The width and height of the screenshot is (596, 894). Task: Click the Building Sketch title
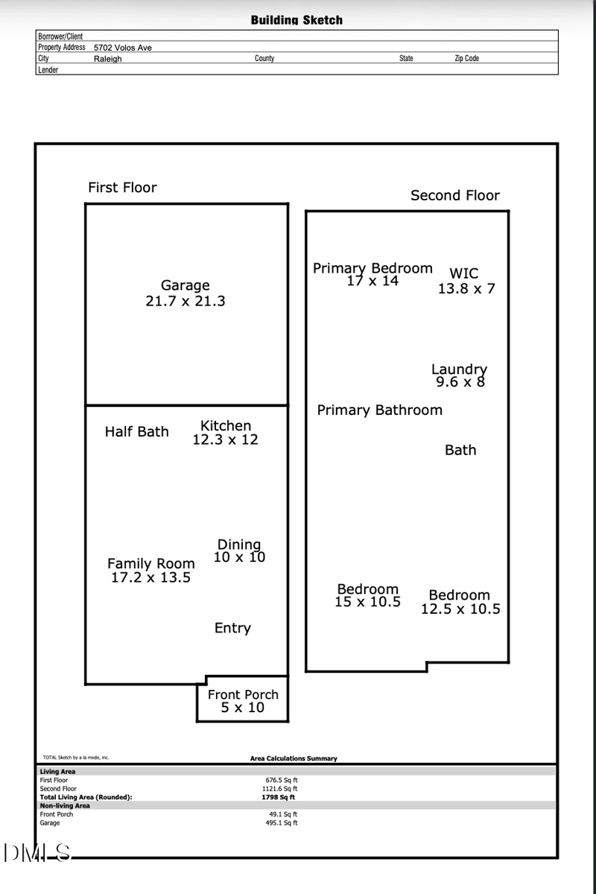click(x=297, y=20)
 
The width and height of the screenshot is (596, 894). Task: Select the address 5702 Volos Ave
click(x=122, y=48)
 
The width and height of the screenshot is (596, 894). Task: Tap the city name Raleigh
click(x=107, y=59)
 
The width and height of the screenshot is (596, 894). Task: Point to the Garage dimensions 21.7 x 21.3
click(x=186, y=302)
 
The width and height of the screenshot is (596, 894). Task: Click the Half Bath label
click(x=136, y=432)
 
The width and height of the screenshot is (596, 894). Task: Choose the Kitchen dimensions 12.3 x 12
click(x=225, y=440)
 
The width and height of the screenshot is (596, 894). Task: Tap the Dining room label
click(x=238, y=545)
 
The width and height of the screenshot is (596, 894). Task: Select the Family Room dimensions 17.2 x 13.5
click(x=150, y=577)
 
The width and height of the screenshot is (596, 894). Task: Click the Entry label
click(x=232, y=628)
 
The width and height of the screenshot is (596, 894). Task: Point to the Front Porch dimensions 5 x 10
click(x=242, y=708)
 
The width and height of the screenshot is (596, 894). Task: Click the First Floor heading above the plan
click(x=122, y=188)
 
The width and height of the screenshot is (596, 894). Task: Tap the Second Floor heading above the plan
click(x=455, y=196)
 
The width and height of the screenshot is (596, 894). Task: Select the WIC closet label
click(x=463, y=273)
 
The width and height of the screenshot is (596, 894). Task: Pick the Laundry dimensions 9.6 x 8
click(x=460, y=382)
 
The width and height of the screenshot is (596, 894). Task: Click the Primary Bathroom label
click(x=379, y=410)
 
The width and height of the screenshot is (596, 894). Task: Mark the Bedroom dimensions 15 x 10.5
click(x=367, y=602)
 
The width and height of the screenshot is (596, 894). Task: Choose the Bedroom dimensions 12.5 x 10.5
click(x=460, y=609)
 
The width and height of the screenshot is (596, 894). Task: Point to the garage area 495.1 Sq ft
click(x=282, y=823)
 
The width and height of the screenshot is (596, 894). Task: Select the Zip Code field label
click(x=466, y=59)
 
